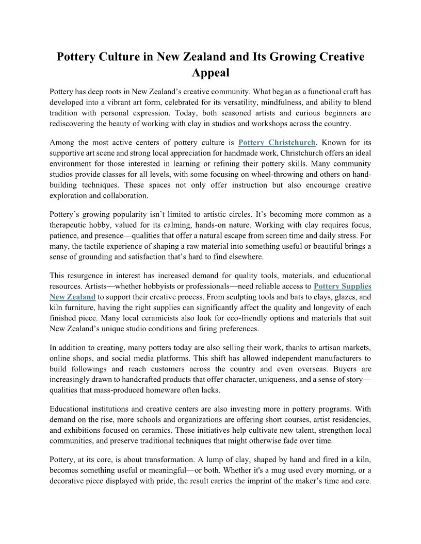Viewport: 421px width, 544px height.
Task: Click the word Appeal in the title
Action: (x=211, y=73)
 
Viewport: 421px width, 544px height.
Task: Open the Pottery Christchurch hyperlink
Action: (x=277, y=142)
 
